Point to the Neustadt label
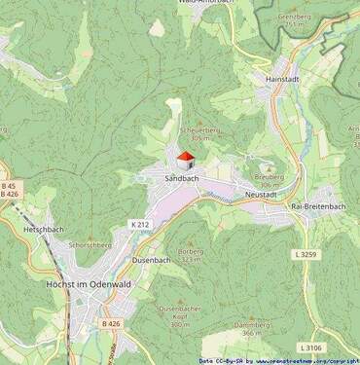pos(262,195)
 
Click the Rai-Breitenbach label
pos(318,206)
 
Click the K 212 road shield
pos(140,224)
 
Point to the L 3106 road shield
pos(310,347)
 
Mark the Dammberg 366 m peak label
pos(253,329)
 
